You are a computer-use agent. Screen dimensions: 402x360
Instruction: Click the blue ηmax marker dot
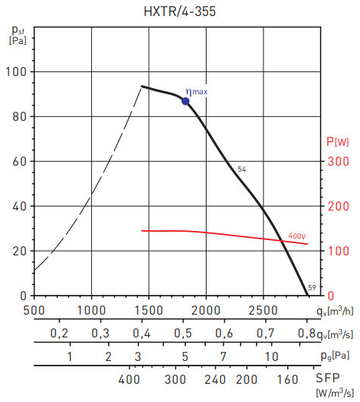186,100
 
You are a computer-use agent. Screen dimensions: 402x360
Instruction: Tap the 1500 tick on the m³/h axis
148,309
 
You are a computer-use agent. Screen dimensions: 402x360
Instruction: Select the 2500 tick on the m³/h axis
264,309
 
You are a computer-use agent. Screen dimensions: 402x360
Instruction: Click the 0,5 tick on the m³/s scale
183,334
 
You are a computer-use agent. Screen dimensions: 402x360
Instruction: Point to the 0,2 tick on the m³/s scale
59,334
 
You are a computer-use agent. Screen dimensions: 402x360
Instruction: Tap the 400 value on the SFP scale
131,379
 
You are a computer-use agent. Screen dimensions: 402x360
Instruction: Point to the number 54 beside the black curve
242,169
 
